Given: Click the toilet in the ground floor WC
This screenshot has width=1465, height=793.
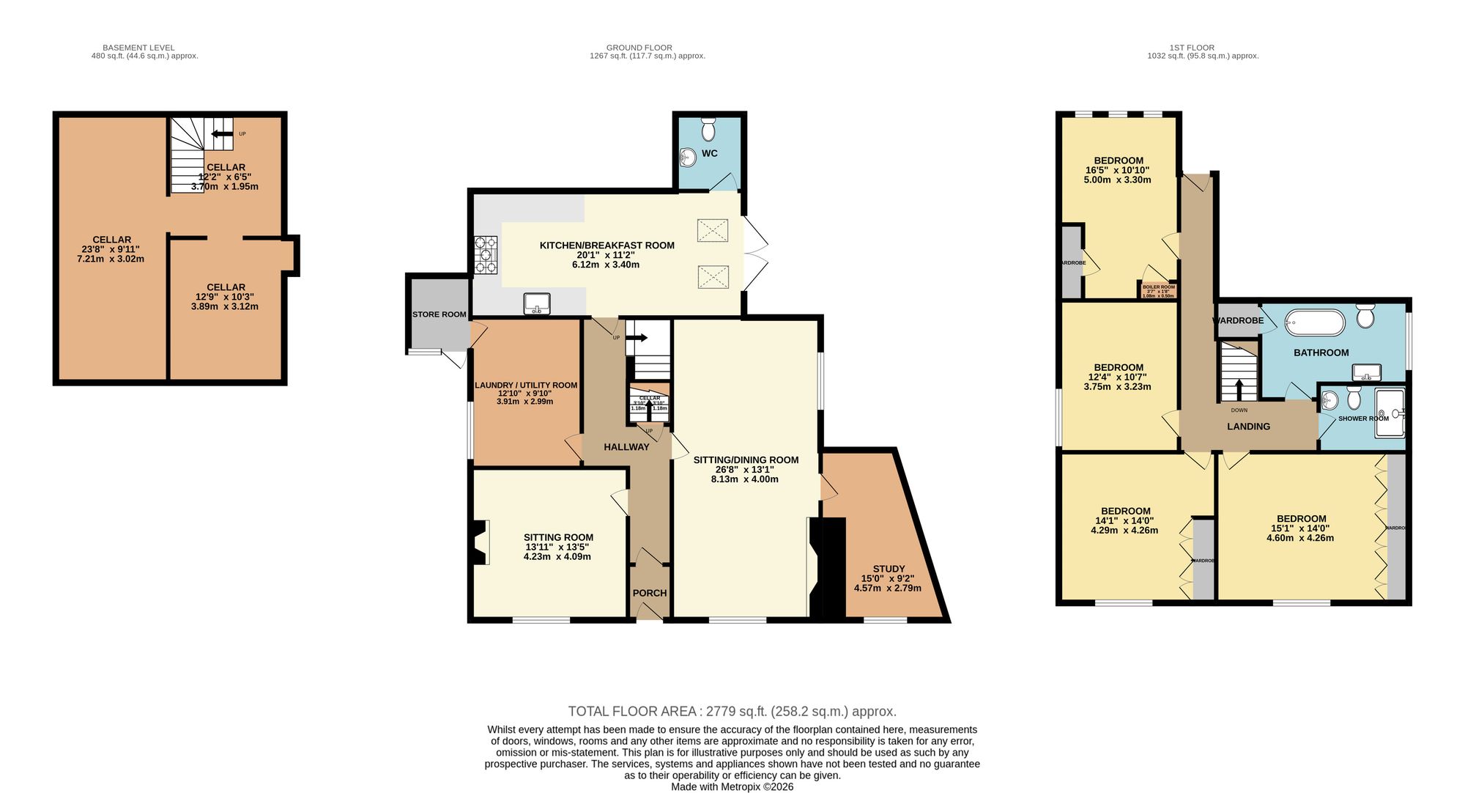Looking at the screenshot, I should coord(708,130).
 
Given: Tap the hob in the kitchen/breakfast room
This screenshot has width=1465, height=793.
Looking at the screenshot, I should coord(485,254).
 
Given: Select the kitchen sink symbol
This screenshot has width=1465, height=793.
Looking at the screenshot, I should coord(537,303).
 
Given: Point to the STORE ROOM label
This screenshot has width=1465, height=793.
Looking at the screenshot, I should coord(439,314).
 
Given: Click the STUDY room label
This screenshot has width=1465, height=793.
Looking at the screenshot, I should coord(889,569).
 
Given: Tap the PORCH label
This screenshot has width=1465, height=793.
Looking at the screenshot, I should coord(649,593).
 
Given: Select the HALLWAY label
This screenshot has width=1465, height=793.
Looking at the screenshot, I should coord(626,446).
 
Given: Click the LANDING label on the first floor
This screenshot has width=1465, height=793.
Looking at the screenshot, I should coord(1248,426).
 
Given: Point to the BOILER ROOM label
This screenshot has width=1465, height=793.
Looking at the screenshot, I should coord(1158,287).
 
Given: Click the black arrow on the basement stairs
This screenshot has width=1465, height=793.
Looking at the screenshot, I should coord(222,134).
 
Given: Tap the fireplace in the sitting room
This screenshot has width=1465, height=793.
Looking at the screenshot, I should coord(481,542).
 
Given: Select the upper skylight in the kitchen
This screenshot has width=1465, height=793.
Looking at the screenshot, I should coord(713,230).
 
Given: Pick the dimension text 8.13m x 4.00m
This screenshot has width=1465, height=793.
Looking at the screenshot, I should coord(744,479).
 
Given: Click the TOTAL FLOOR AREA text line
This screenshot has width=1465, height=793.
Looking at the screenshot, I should coord(732,711).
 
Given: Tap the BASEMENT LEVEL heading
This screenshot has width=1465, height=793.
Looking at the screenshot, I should coord(138,48).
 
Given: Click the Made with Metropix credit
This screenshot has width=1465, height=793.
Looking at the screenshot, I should coord(732,786).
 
